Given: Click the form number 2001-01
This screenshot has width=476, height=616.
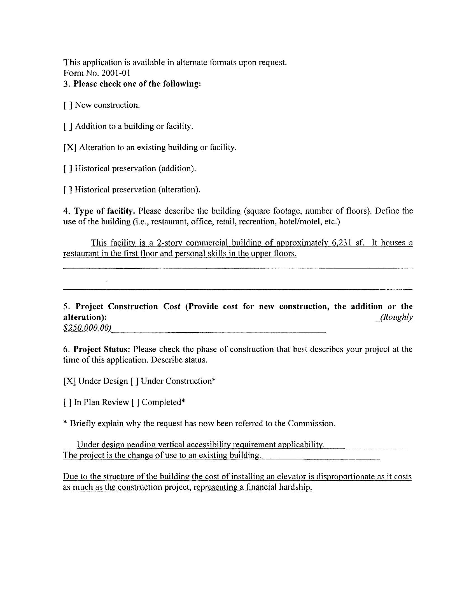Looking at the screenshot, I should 116,73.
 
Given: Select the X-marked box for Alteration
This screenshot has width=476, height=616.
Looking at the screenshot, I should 70,148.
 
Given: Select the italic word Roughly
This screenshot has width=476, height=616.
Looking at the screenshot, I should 396,317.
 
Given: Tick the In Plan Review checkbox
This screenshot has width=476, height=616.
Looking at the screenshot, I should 67,403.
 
